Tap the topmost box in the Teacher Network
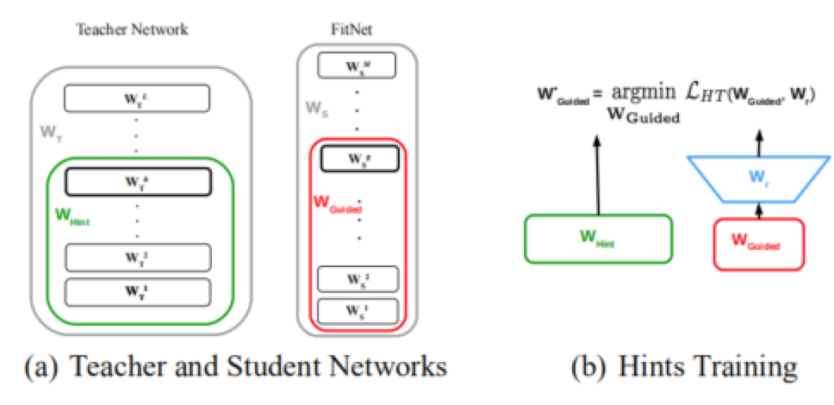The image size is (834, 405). pos(136,97)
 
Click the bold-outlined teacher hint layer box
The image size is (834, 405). pos(138,181)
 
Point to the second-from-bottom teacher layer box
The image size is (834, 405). pos(137,257)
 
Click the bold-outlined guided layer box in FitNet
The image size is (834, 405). pos(358,159)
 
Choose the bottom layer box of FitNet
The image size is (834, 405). pos(358,309)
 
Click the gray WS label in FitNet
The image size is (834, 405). pos(318,109)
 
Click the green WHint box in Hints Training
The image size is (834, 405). pos(597,239)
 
